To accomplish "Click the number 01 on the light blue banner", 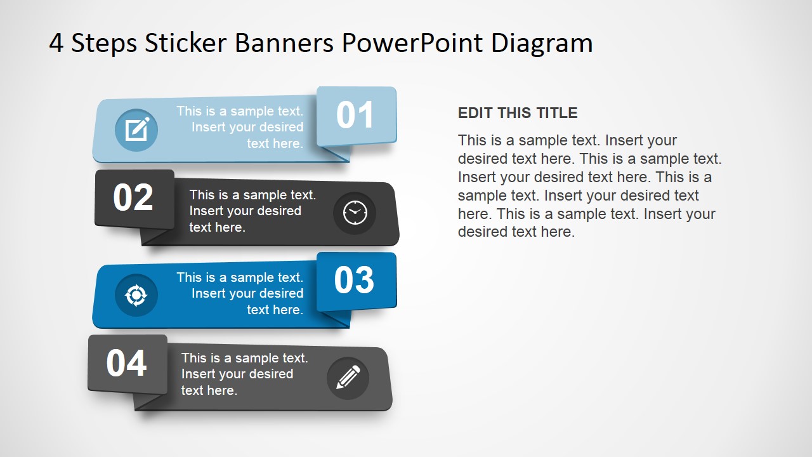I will click(x=355, y=116).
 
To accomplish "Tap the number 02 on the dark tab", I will click(x=133, y=197).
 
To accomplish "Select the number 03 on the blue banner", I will click(x=354, y=280).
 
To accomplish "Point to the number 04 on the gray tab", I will click(x=126, y=363).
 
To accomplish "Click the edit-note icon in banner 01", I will click(x=136, y=130).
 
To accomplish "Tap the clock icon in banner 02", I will click(x=355, y=213).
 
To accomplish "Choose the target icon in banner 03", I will click(x=136, y=295).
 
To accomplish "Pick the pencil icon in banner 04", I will click(x=348, y=378).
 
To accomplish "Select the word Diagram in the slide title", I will click(x=542, y=43).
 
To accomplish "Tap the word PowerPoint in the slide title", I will click(x=412, y=43).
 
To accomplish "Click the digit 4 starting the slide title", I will click(x=56, y=44).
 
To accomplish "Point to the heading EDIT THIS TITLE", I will click(x=518, y=113).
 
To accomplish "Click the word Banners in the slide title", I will click(x=284, y=43).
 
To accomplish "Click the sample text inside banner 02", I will click(x=252, y=211).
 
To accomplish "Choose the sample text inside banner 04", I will click(x=244, y=374).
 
